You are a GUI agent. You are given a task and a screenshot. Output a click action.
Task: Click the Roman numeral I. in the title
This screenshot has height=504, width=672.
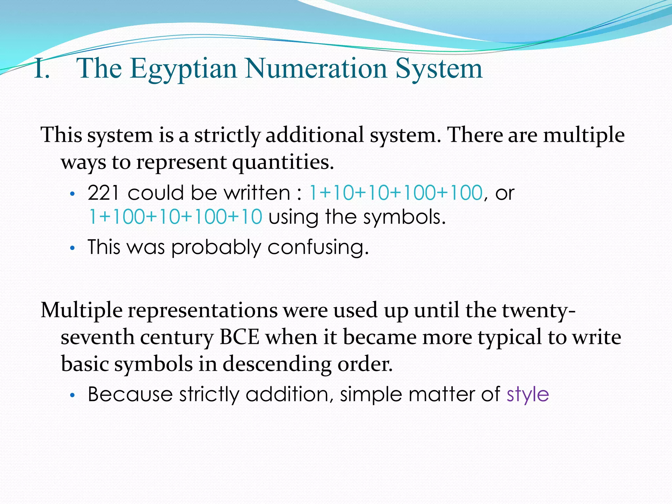click(x=42, y=69)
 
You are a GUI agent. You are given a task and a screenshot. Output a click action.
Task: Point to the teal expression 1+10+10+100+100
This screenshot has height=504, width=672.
click(x=395, y=193)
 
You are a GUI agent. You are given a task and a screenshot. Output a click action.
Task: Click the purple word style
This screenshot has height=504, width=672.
click(x=527, y=394)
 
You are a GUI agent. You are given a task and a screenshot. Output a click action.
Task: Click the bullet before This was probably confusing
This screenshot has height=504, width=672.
click(x=73, y=248)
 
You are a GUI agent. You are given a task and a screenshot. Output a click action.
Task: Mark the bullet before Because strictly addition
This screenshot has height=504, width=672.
click(x=73, y=395)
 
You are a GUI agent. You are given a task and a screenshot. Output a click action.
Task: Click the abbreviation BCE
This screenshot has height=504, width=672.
click(x=240, y=337)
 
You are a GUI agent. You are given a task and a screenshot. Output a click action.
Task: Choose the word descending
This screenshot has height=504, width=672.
click(x=278, y=364)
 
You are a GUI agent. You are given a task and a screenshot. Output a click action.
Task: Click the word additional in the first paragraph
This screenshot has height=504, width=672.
click(x=315, y=135)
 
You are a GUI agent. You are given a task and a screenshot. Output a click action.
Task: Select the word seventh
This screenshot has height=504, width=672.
click(x=97, y=337)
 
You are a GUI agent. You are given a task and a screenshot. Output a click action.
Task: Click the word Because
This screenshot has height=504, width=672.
click(x=130, y=394)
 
